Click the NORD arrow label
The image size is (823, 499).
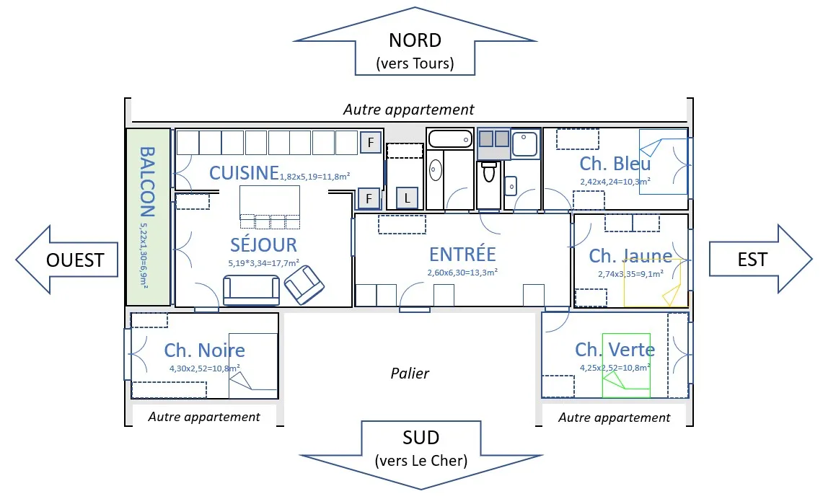tap(415, 41)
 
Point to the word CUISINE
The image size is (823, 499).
tap(244, 173)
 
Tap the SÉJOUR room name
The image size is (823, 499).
tap(263, 244)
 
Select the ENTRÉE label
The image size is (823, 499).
tap(462, 254)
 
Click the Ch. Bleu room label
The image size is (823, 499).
tap(615, 164)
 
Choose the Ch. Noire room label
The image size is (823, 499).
tap(204, 350)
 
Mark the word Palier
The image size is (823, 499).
tap(410, 373)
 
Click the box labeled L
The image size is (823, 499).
tap(407, 198)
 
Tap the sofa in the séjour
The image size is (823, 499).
tap(251, 290)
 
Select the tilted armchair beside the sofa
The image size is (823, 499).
tap(304, 283)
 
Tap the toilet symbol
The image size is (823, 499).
tap(489, 172)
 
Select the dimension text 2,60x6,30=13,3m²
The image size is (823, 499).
tap(462, 273)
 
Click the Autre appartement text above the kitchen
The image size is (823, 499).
tap(408, 110)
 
